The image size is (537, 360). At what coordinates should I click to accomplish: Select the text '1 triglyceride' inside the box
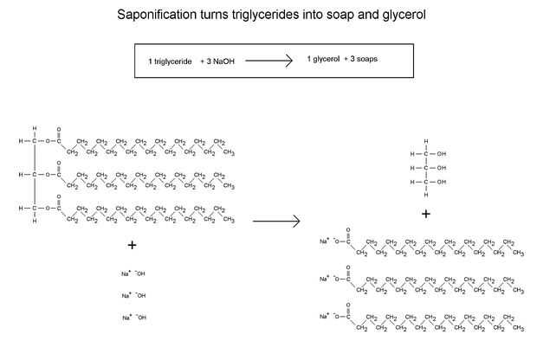point(170,61)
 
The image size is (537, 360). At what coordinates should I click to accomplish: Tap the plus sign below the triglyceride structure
point(132,245)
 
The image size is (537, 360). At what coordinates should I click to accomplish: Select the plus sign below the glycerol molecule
point(426,214)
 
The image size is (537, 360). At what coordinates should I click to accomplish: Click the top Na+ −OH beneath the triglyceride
point(133,273)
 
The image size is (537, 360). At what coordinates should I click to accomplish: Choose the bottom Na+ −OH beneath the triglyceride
point(133,318)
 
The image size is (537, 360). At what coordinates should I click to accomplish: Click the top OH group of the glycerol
point(442,153)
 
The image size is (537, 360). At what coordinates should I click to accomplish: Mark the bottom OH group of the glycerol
point(442,182)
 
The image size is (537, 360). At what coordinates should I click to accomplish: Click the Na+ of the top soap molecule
point(324,241)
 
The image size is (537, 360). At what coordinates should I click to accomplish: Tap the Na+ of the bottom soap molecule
point(324,316)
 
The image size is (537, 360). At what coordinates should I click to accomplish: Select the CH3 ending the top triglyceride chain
point(229,152)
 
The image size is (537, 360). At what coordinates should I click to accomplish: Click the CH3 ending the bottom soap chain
point(518,328)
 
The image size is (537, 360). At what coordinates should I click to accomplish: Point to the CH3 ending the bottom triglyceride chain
point(229,220)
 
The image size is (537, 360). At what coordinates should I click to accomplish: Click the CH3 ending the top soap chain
point(518,253)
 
